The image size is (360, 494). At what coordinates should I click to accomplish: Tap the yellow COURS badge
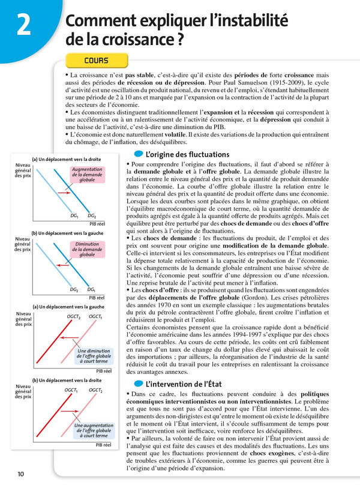click(x=96, y=61)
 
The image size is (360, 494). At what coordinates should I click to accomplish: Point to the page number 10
click(x=20, y=474)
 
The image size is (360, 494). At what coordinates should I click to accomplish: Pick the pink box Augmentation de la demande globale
click(x=87, y=175)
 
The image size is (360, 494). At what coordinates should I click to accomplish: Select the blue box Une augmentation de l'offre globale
click(x=93, y=430)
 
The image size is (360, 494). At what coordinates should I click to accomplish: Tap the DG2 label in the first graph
click(x=92, y=215)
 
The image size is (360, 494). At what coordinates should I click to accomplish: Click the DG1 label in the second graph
click(x=91, y=289)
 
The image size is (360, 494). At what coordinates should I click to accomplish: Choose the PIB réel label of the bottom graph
click(x=103, y=445)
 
